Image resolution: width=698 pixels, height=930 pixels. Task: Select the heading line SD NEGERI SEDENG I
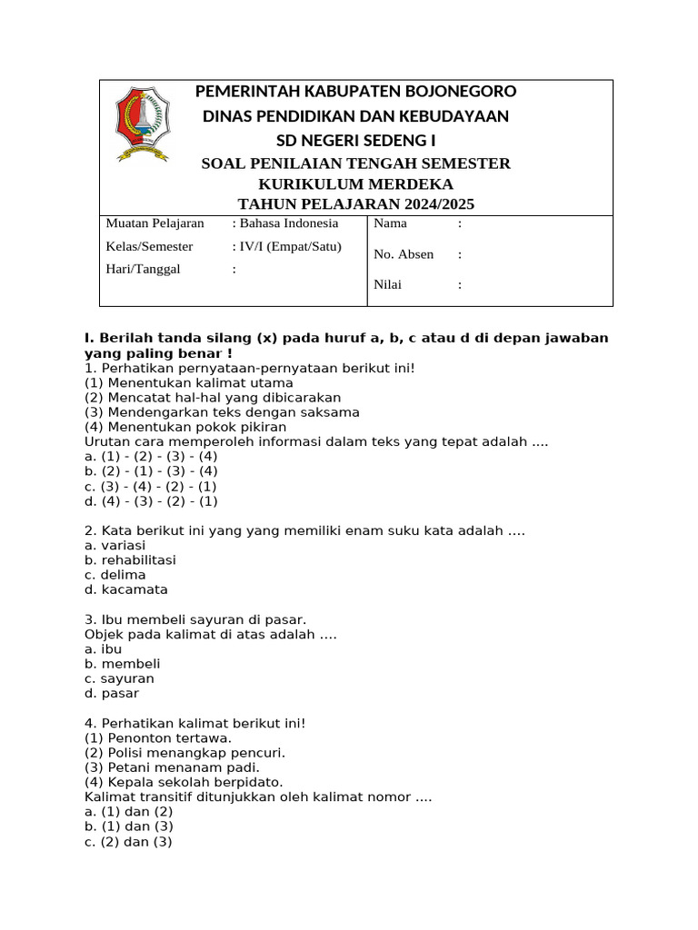pos(355,140)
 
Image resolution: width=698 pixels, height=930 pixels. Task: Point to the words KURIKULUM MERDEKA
pos(355,183)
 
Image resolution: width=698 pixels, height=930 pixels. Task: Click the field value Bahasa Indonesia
pos(288,223)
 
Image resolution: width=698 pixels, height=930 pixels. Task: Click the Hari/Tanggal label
pos(143,269)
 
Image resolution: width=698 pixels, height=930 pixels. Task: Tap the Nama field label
pos(391,223)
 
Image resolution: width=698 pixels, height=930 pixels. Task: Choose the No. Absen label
pos(404,254)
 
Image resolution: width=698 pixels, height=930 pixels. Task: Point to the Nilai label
pos(388,284)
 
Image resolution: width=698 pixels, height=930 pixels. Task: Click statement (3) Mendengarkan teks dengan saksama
pos(222,412)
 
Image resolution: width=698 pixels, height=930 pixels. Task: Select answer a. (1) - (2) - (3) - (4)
pos(151,457)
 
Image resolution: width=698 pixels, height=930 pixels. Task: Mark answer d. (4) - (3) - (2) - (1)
pos(151,501)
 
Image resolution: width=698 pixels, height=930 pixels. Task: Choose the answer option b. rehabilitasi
pos(130,560)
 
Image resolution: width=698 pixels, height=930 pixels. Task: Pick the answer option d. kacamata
pos(126,589)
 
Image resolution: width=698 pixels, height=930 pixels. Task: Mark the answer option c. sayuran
pos(119,678)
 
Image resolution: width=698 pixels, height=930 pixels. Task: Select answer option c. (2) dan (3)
pos(128,842)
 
